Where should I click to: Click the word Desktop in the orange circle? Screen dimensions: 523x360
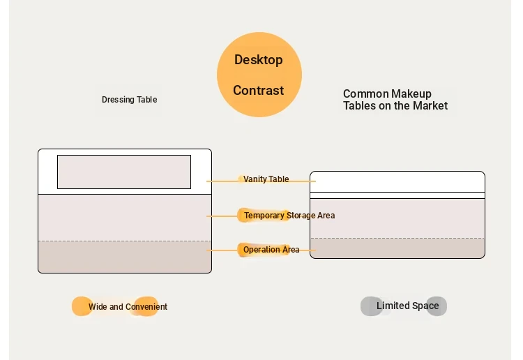point(259,60)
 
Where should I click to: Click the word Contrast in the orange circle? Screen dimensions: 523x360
point(259,91)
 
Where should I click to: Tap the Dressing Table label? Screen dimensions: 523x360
point(130,100)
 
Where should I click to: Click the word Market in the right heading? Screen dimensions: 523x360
point(430,106)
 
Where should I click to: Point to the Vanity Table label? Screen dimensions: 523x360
point(266,179)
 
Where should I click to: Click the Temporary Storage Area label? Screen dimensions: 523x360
point(289,216)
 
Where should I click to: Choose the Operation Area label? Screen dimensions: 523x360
point(271,250)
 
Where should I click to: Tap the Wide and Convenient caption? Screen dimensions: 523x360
point(128,306)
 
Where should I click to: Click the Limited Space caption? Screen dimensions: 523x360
point(408,306)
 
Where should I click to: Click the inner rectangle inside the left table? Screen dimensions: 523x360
point(124,172)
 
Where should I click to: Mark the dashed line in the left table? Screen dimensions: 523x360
point(125,241)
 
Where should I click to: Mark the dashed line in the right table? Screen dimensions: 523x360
point(397,238)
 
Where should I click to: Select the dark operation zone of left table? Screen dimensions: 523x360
point(125,257)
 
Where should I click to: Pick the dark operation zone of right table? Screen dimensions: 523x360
point(397,248)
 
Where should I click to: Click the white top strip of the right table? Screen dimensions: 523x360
point(397,182)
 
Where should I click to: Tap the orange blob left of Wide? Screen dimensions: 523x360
point(82,306)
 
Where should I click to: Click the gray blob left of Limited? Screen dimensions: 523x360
point(371,306)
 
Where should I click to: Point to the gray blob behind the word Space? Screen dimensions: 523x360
point(437,306)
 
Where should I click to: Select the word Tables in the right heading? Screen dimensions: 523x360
point(358,106)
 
